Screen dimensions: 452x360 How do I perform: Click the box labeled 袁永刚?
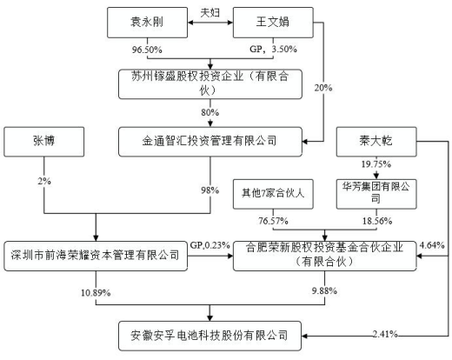click(x=147, y=23)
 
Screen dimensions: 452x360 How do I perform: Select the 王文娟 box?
click(x=273, y=23)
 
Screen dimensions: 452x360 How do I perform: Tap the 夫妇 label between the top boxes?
click(x=210, y=12)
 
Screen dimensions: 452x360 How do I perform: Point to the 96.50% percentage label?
click(x=147, y=50)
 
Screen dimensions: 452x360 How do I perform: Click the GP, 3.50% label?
click(x=273, y=49)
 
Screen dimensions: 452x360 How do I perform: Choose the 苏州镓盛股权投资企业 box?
click(x=210, y=84)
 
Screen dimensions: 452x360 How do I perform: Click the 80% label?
click(x=210, y=112)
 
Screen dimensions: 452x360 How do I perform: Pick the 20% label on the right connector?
click(x=323, y=88)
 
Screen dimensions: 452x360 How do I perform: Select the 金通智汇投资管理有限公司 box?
click(x=210, y=142)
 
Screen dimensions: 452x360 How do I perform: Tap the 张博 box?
click(x=44, y=142)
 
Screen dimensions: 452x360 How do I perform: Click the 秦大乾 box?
click(x=376, y=142)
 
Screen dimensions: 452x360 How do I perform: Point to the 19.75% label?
click(x=376, y=164)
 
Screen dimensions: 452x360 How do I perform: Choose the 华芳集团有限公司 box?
click(x=376, y=194)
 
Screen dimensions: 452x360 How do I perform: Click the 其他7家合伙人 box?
click(x=273, y=194)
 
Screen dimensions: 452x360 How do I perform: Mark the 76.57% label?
click(x=273, y=221)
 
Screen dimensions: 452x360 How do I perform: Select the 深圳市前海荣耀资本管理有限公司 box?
click(x=96, y=256)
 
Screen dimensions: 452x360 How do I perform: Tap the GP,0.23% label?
click(x=210, y=245)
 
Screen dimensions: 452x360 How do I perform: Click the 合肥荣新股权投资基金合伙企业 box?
click(x=325, y=256)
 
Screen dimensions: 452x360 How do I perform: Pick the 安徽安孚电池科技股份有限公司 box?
click(x=210, y=336)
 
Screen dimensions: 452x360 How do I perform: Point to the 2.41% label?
click(x=385, y=334)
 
